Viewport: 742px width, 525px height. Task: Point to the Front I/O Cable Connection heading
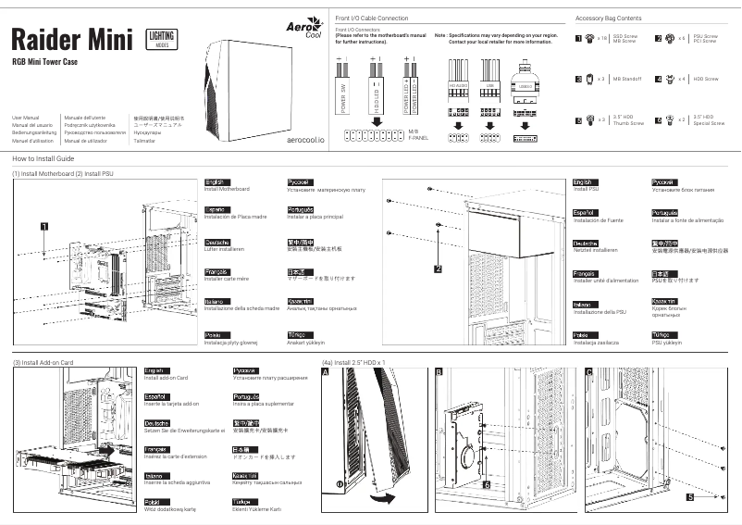tap(370, 19)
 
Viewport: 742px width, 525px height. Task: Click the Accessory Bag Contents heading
tap(608, 19)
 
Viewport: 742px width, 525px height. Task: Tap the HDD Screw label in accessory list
tap(707, 80)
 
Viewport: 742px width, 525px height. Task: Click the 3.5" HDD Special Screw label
tap(708, 119)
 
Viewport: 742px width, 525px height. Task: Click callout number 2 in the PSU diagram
tap(439, 269)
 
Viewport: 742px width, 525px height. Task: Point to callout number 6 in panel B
tap(487, 483)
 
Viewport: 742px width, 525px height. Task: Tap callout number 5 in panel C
tap(690, 497)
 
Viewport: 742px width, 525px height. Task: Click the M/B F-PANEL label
tap(418, 135)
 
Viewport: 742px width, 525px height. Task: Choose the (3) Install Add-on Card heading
tap(43, 362)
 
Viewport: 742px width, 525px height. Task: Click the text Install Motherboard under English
tap(227, 189)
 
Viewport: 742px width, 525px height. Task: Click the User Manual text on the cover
tap(26, 119)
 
